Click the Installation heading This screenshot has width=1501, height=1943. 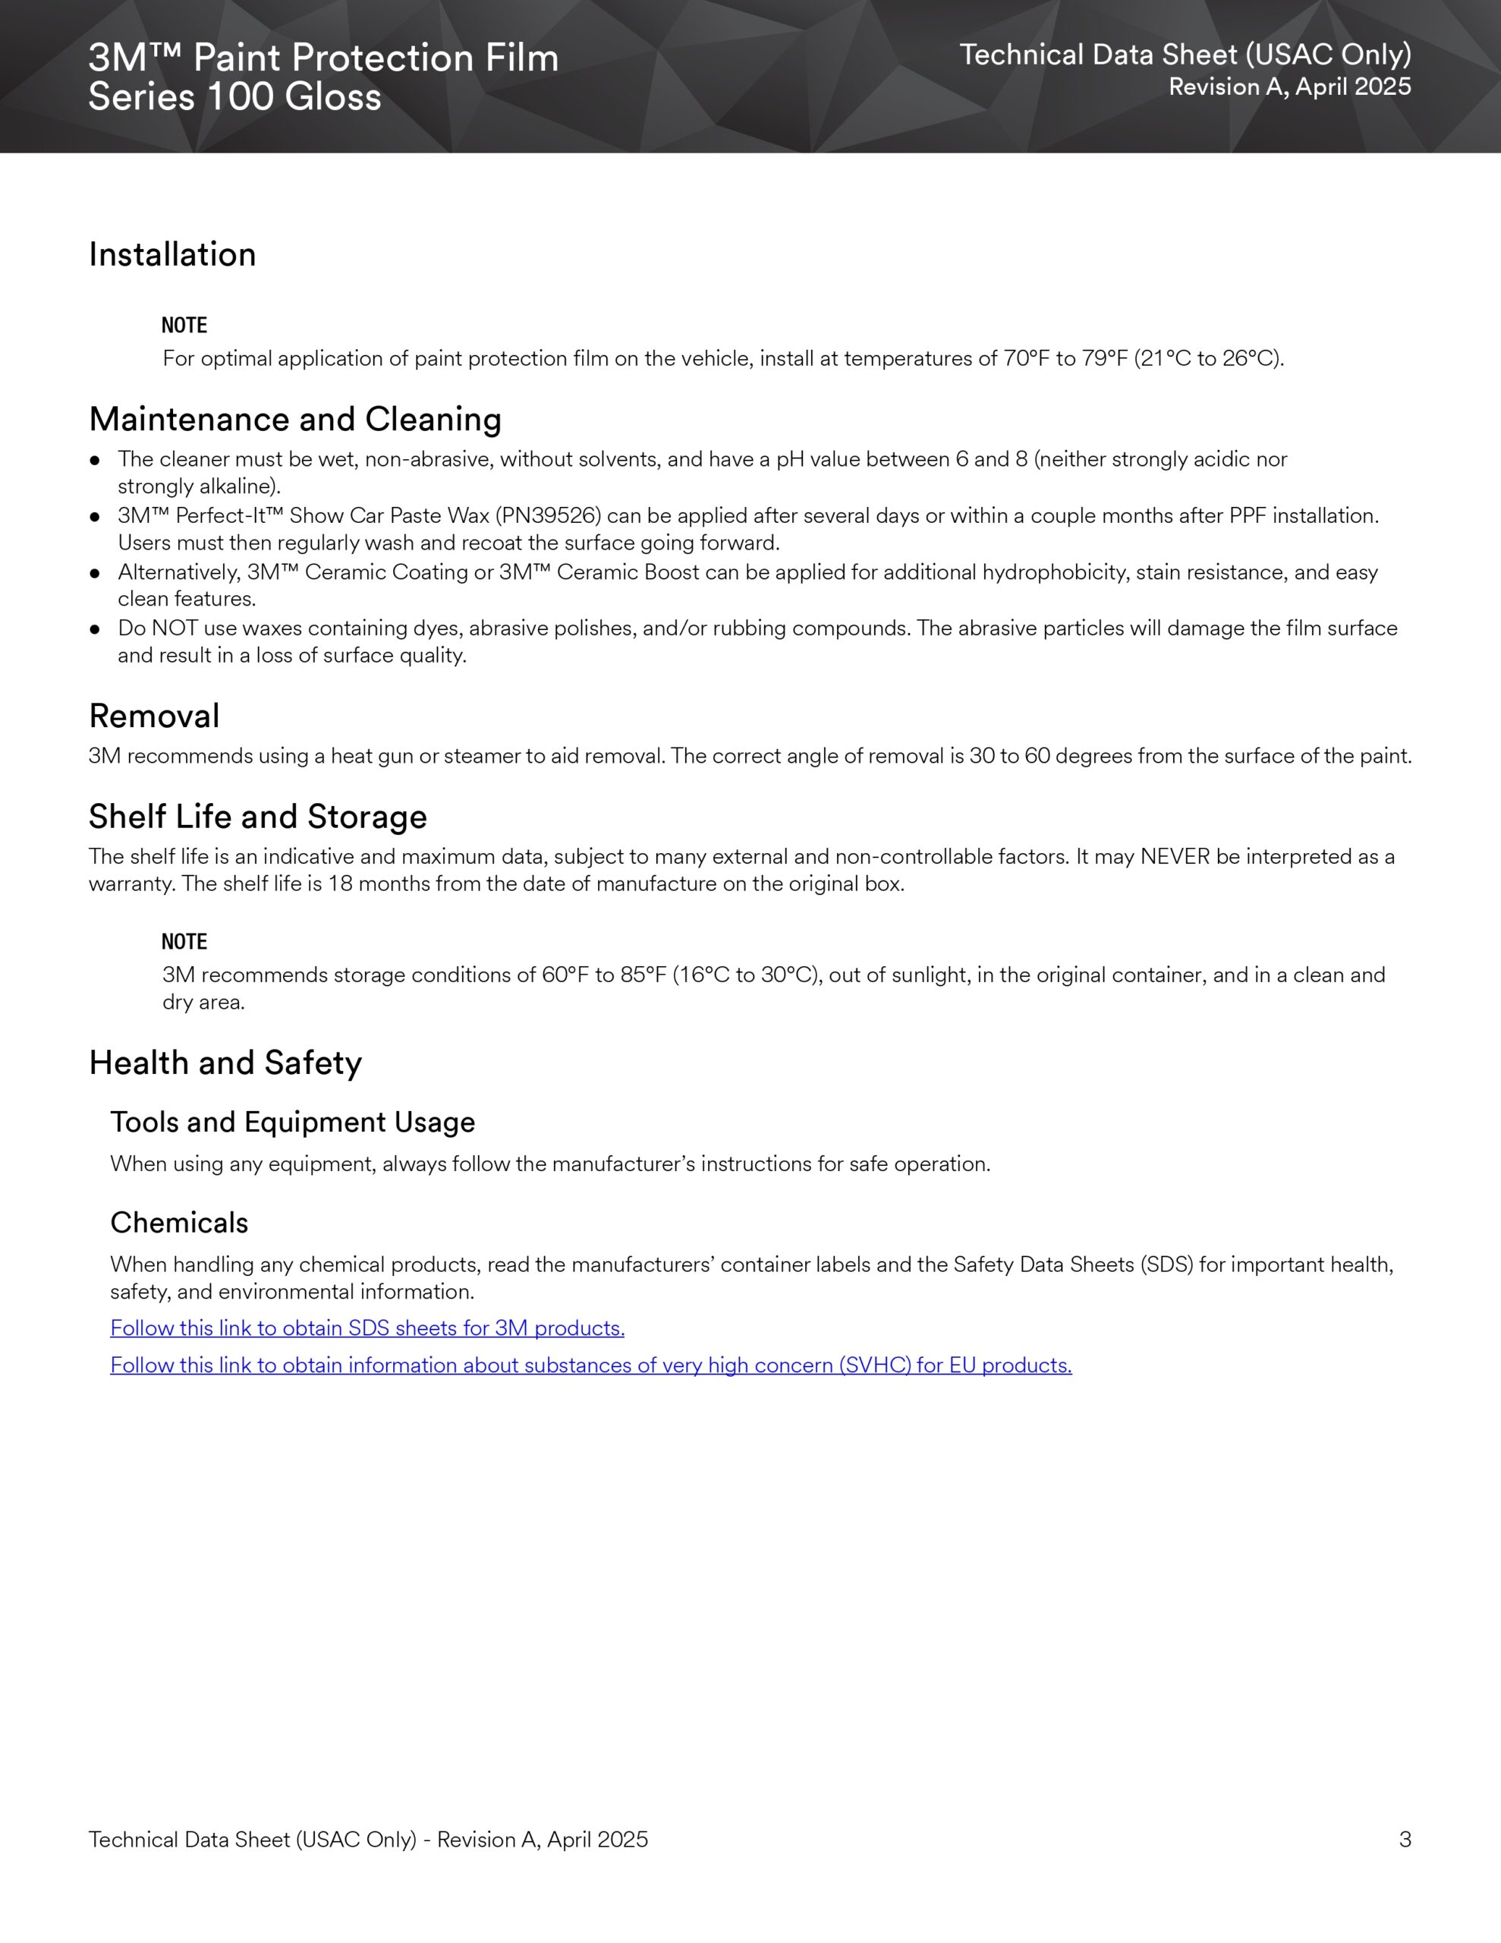pyautogui.click(x=171, y=254)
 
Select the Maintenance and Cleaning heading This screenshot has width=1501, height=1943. pyautogui.click(x=294, y=419)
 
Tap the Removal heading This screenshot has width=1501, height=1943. pyautogui.click(x=154, y=715)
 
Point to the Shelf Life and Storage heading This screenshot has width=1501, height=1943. pyautogui.click(x=257, y=816)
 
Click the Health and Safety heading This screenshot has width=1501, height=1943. pyautogui.click(x=225, y=1063)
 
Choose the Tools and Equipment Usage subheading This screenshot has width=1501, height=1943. pyautogui.click(x=292, y=1122)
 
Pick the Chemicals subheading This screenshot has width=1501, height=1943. pyautogui.click(x=179, y=1223)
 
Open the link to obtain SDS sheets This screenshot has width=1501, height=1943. pyautogui.click(x=367, y=1327)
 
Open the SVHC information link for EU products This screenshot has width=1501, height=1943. pyautogui.click(x=591, y=1365)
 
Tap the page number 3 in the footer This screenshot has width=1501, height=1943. pyautogui.click(x=1405, y=1839)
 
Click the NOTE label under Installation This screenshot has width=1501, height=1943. pyautogui.click(x=184, y=326)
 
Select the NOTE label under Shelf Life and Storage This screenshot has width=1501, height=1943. pyautogui.click(x=184, y=941)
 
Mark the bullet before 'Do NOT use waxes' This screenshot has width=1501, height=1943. pyautogui.click(x=95, y=629)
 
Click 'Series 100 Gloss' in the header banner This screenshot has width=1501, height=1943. pyautogui.click(x=235, y=97)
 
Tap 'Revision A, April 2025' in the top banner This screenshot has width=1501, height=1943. pyautogui.click(x=1289, y=87)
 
